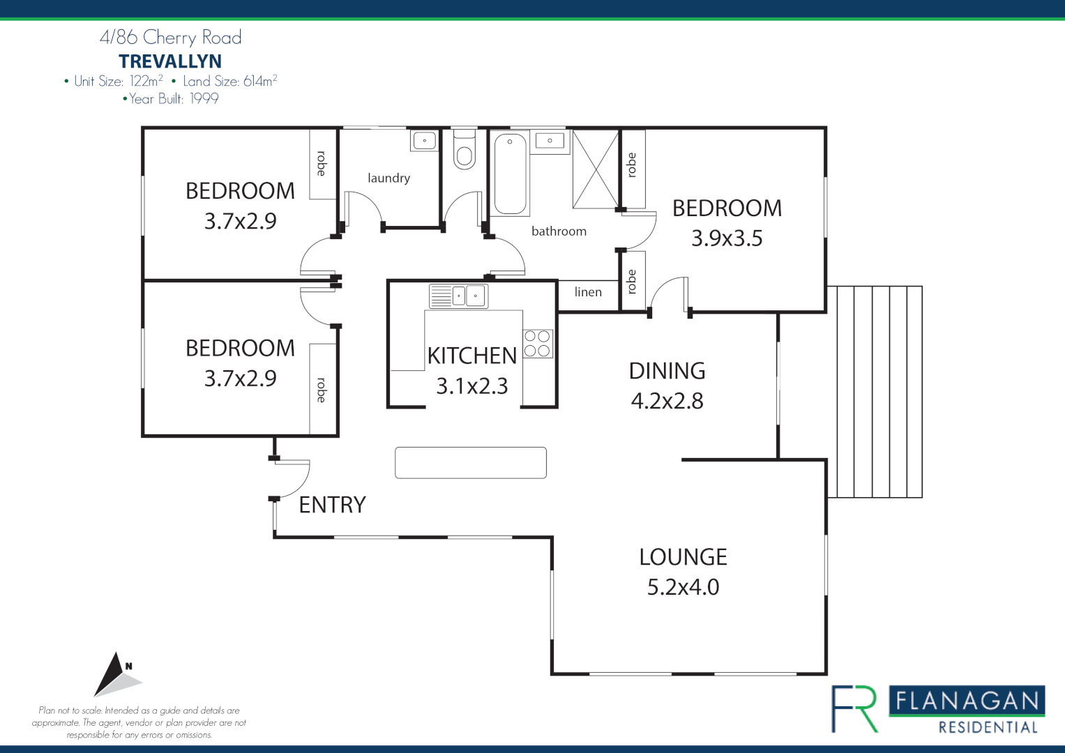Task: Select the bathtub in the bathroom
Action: pyautogui.click(x=511, y=174)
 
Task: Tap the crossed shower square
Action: pyautogui.click(x=596, y=169)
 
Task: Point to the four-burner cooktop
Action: pyautogui.click(x=538, y=344)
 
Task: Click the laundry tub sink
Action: pyautogui.click(x=424, y=141)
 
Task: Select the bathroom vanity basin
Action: pyautogui.click(x=550, y=142)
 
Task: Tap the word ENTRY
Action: pyautogui.click(x=332, y=505)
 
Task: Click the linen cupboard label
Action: pyautogui.click(x=588, y=292)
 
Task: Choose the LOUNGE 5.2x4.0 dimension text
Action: pyautogui.click(x=683, y=587)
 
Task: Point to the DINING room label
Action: pyautogui.click(x=667, y=371)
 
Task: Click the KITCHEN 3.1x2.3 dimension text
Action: pyautogui.click(x=472, y=386)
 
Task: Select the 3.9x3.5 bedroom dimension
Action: pyautogui.click(x=727, y=238)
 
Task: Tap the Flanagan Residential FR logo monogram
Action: pyautogui.click(x=854, y=708)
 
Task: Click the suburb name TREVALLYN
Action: pyautogui.click(x=170, y=61)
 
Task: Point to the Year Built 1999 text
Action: pyautogui.click(x=172, y=99)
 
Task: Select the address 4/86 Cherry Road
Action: pyautogui.click(x=171, y=37)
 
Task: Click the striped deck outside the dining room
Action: pyautogui.click(x=875, y=391)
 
